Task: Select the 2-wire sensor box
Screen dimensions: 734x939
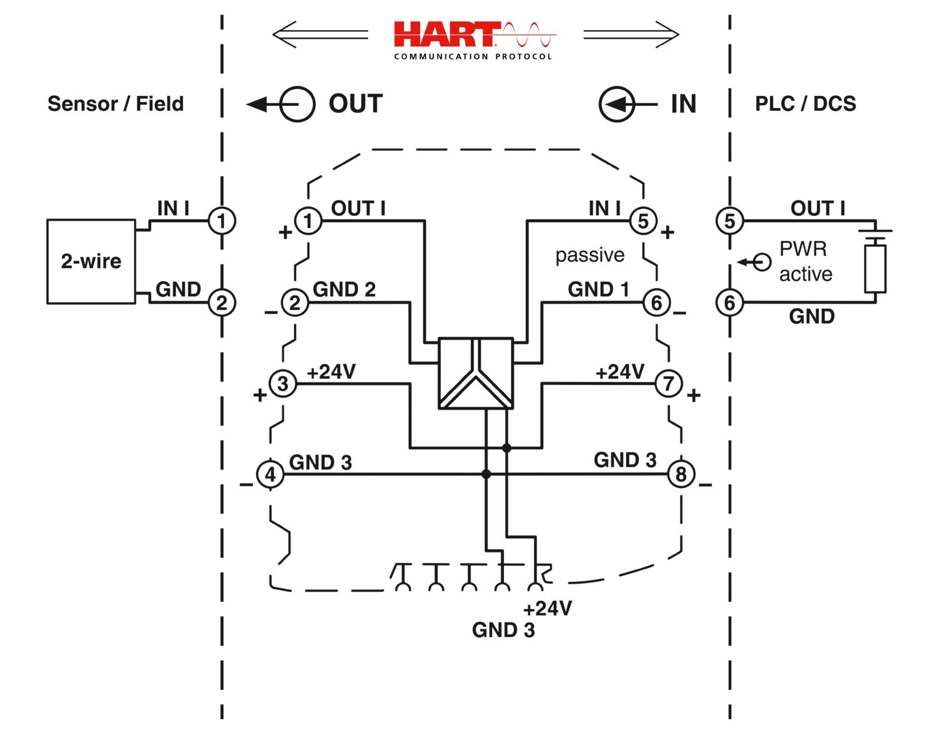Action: tap(91, 261)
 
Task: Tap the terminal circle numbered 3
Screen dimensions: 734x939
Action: tap(283, 383)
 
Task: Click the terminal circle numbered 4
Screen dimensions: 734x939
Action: tap(270, 474)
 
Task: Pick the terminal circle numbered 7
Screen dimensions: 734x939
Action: tap(669, 383)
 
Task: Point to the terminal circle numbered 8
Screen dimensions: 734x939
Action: tap(681, 474)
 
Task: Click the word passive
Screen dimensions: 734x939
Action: tap(590, 255)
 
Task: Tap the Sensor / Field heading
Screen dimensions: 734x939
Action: tap(116, 103)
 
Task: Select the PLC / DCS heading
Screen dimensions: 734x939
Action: tap(806, 103)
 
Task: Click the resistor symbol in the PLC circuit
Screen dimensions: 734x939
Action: tap(875, 269)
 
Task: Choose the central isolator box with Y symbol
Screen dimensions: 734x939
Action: tap(476, 373)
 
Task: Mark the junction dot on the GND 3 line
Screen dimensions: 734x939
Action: tap(486, 474)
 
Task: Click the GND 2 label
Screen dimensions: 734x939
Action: tap(344, 289)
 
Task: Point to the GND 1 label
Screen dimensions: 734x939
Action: tap(598, 289)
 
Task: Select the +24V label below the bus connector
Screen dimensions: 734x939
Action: tap(548, 608)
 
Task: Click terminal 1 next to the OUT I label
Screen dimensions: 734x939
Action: tap(308, 220)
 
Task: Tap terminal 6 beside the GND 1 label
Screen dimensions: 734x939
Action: tap(656, 302)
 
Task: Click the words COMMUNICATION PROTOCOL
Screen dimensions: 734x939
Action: tap(473, 56)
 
